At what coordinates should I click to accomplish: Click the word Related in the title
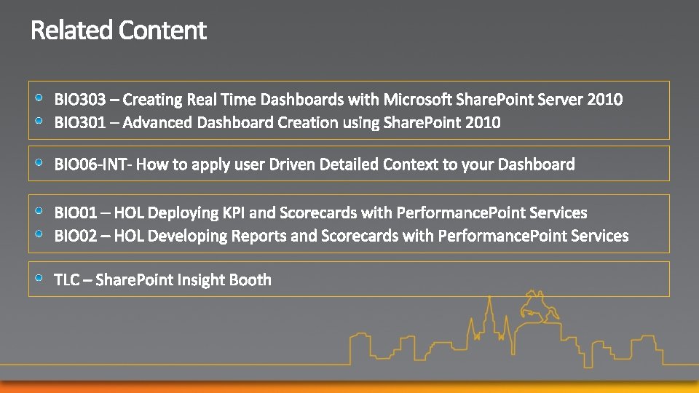point(71,31)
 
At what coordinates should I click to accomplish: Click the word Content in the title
point(162,31)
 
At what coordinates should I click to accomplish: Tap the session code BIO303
point(80,100)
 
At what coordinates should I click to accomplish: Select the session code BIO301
point(80,122)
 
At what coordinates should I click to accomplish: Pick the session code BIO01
point(76,213)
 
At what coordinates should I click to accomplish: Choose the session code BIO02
point(76,236)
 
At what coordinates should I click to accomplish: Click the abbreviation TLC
point(67,279)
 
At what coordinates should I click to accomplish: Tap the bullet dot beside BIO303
point(39,98)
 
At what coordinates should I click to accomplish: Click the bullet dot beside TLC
point(39,278)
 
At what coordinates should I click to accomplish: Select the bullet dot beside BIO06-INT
point(39,162)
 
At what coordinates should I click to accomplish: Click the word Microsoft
point(417,100)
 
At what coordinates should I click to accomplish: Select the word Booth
point(250,279)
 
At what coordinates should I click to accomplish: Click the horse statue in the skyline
point(539,306)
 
